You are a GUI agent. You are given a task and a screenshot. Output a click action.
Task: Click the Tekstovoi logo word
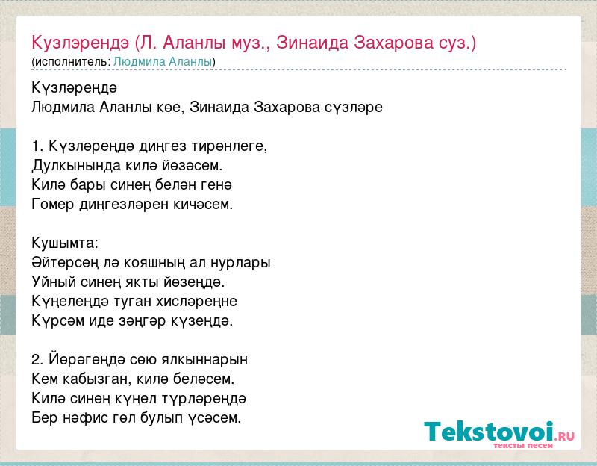[489, 432]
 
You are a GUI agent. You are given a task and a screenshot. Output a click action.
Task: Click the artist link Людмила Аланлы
[163, 62]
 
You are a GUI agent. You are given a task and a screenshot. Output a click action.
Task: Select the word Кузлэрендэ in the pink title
[81, 43]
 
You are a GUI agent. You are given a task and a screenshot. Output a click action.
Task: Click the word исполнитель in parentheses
[72, 62]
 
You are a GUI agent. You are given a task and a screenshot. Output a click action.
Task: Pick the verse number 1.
[36, 146]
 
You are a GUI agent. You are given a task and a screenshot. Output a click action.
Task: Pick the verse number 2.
[36, 360]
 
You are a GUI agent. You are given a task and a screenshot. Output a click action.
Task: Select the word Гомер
[52, 205]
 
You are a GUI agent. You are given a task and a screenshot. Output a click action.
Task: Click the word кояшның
[163, 263]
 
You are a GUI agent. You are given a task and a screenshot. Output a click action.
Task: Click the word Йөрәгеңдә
[87, 360]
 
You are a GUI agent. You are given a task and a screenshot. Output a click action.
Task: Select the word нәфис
[86, 418]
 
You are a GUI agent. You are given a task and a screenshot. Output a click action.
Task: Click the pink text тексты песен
[523, 445]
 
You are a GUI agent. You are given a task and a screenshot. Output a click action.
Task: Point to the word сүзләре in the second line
[353, 108]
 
